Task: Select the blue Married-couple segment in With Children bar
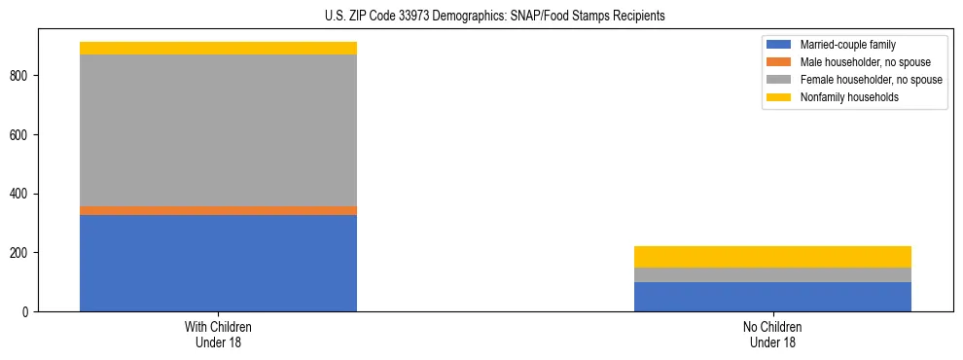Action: (218, 263)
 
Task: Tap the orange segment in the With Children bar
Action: (218, 210)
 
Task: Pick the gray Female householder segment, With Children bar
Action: (218, 130)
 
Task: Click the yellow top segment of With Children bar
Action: (218, 48)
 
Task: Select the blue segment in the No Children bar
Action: (772, 297)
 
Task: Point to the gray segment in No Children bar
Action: (772, 274)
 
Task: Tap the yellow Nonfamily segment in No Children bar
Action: (772, 257)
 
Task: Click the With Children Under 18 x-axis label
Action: (218, 335)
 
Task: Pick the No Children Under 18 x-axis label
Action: (772, 335)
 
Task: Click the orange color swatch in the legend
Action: (779, 62)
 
